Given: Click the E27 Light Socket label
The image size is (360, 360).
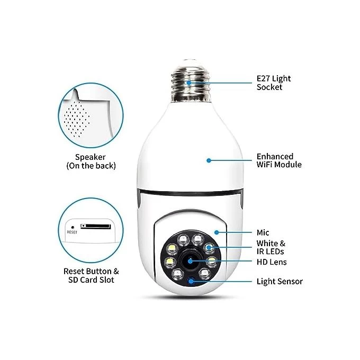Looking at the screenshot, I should (x=273, y=83).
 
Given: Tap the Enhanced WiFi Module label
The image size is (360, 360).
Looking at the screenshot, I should (x=278, y=160).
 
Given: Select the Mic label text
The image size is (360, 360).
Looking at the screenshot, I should (x=263, y=232).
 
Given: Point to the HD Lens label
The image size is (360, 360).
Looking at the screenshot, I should (x=272, y=262).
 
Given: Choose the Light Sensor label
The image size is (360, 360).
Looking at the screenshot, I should (x=280, y=281).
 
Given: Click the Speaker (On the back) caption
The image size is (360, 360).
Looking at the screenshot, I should (x=91, y=161).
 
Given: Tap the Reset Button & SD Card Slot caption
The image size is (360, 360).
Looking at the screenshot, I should (x=91, y=275).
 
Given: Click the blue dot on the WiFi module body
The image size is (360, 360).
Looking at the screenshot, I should (x=209, y=160).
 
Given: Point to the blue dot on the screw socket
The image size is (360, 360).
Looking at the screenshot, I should (x=188, y=83).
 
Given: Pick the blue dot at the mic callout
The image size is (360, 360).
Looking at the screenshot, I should (x=217, y=232).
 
